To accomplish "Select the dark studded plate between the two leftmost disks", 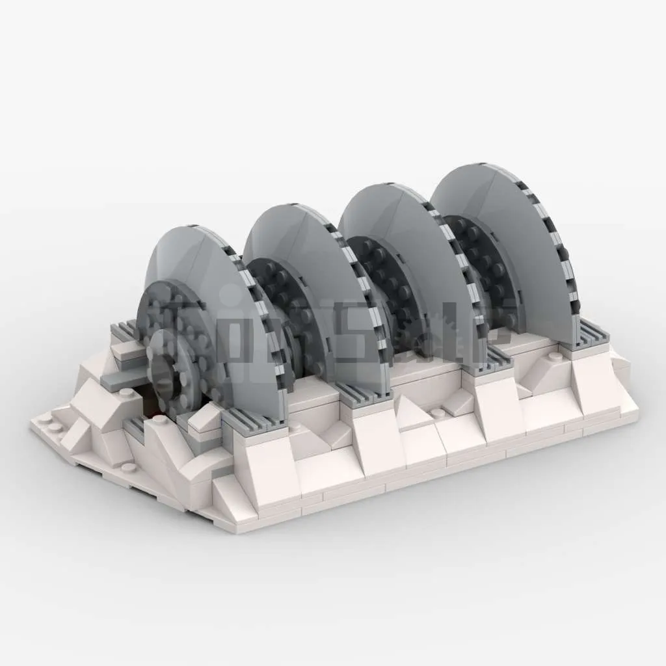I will [273, 286].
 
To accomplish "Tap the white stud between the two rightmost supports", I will [554, 356].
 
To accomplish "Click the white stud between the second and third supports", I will [438, 412].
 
